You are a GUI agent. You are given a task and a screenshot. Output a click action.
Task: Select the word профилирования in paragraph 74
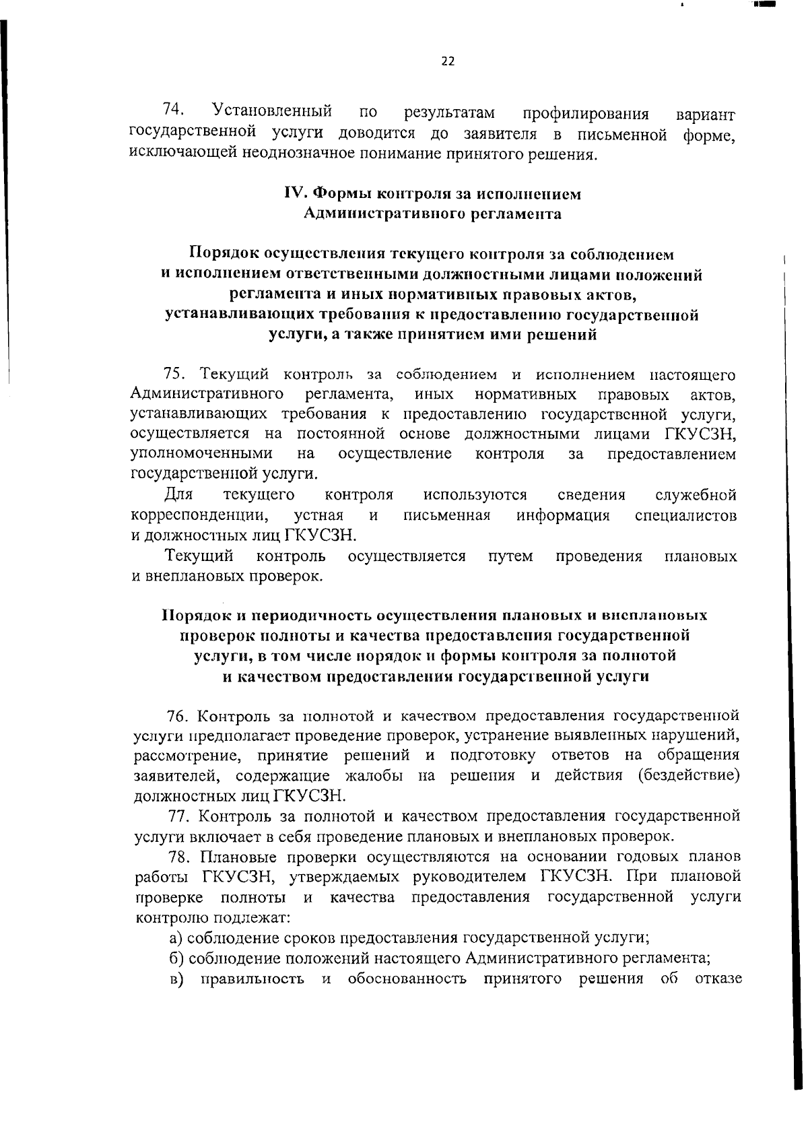(x=586, y=112)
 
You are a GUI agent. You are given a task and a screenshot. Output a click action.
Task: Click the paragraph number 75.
(x=176, y=374)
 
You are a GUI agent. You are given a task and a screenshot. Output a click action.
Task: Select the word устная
(x=318, y=516)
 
